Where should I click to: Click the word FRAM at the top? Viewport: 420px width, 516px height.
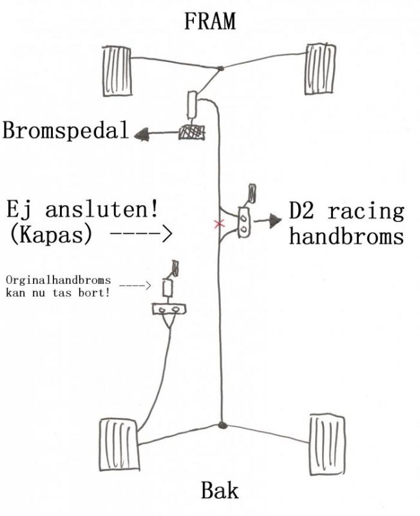(x=209, y=21)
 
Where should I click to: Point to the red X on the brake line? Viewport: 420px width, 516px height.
(x=220, y=224)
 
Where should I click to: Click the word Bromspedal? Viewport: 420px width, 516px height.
(x=66, y=131)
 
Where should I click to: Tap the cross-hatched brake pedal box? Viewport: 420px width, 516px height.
(x=191, y=132)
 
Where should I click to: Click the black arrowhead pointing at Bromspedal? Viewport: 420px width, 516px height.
(x=142, y=134)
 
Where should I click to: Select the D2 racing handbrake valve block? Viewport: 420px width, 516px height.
(x=245, y=222)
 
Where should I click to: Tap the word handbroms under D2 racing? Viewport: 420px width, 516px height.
(x=346, y=235)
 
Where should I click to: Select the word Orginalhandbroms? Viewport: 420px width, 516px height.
(x=58, y=281)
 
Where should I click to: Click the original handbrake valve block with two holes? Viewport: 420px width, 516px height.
(x=169, y=310)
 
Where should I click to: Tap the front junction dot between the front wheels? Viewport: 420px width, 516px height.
(x=220, y=68)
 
